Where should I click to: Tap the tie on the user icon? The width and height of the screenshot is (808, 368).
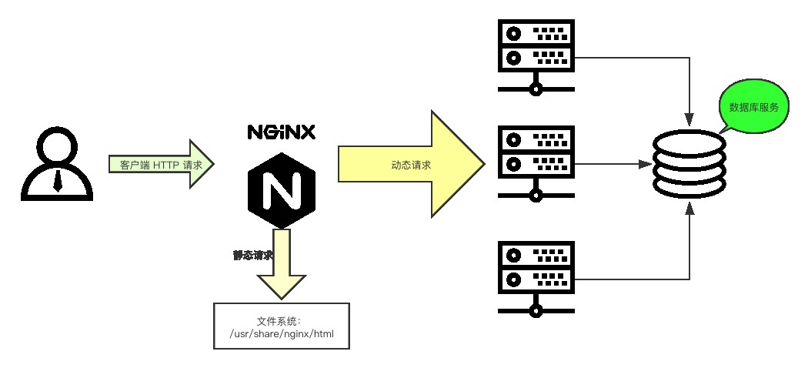(x=57, y=180)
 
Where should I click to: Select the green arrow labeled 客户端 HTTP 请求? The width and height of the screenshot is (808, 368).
(x=161, y=165)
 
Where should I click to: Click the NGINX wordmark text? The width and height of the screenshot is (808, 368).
(x=281, y=132)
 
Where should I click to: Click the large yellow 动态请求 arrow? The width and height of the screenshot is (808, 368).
(x=411, y=164)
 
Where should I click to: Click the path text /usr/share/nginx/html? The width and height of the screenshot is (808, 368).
(x=282, y=334)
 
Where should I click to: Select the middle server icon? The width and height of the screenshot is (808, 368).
(x=536, y=162)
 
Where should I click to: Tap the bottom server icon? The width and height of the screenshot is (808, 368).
(x=536, y=277)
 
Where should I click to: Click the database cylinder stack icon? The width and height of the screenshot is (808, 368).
(x=689, y=165)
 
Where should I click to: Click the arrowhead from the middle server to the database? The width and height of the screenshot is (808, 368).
(x=645, y=164)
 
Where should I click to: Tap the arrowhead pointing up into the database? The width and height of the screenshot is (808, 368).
(x=689, y=209)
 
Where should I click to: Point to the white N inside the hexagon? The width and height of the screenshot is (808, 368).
(x=281, y=191)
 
